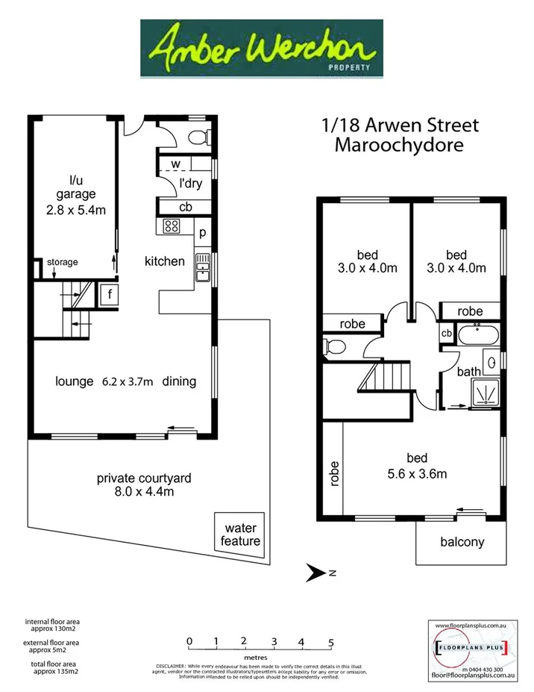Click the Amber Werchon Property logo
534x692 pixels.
[262, 48]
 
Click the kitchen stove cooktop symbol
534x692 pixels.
[171, 226]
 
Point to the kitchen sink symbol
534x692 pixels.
[202, 267]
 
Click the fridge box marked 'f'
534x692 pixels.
[109, 294]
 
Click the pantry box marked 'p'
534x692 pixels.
[202, 232]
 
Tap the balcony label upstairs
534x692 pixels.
[462, 542]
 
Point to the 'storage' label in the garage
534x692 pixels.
[63, 262]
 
